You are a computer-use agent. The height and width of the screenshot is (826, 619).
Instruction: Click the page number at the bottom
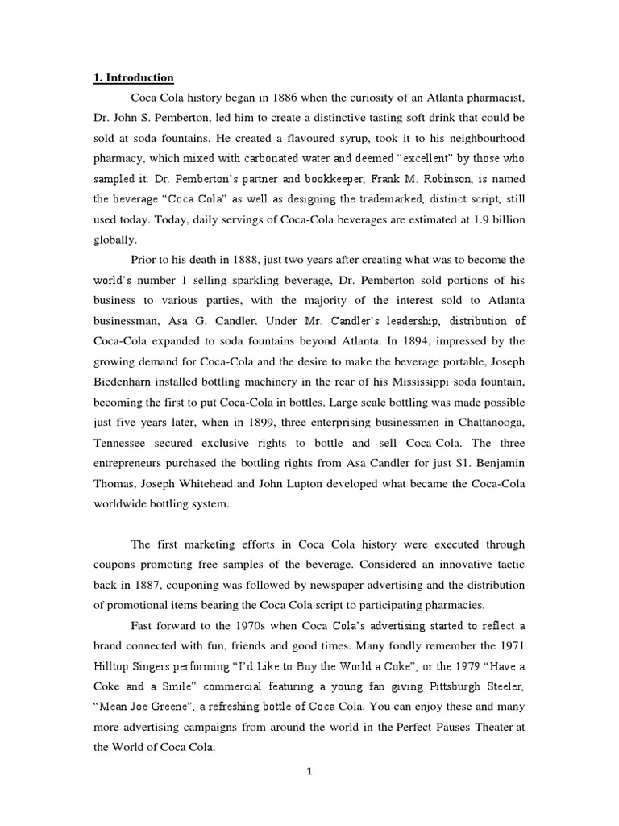coord(309,771)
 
